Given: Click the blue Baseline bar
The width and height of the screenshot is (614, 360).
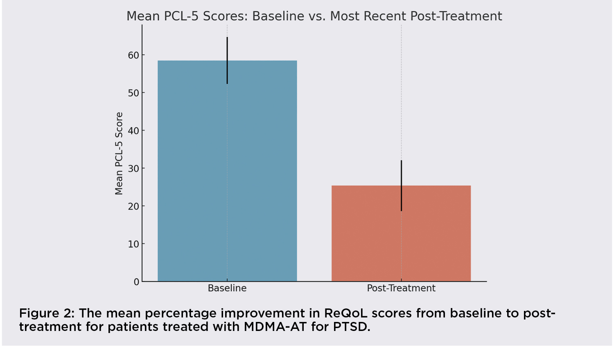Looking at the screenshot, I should [192, 172].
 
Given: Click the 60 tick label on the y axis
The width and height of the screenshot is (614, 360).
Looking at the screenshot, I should [133, 55].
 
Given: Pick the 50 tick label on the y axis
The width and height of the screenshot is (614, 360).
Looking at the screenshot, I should [133, 93].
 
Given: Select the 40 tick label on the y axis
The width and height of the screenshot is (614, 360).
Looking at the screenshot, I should [133, 131].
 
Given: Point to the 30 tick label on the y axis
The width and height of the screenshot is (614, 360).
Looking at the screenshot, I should [133, 169].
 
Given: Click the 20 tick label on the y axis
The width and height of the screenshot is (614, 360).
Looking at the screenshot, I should [133, 206].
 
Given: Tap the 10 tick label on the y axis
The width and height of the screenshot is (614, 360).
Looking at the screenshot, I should [133, 244].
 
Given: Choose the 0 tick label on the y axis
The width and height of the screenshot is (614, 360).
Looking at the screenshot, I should [136, 282].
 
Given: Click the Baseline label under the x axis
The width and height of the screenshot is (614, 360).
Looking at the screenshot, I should [227, 288].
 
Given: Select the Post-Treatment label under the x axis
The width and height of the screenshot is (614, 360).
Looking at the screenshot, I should [401, 288].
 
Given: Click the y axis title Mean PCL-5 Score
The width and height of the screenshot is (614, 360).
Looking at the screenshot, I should [119, 153].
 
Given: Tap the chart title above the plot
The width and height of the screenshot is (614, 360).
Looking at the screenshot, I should [314, 16].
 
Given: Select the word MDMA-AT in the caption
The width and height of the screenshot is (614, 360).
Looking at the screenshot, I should [275, 327].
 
